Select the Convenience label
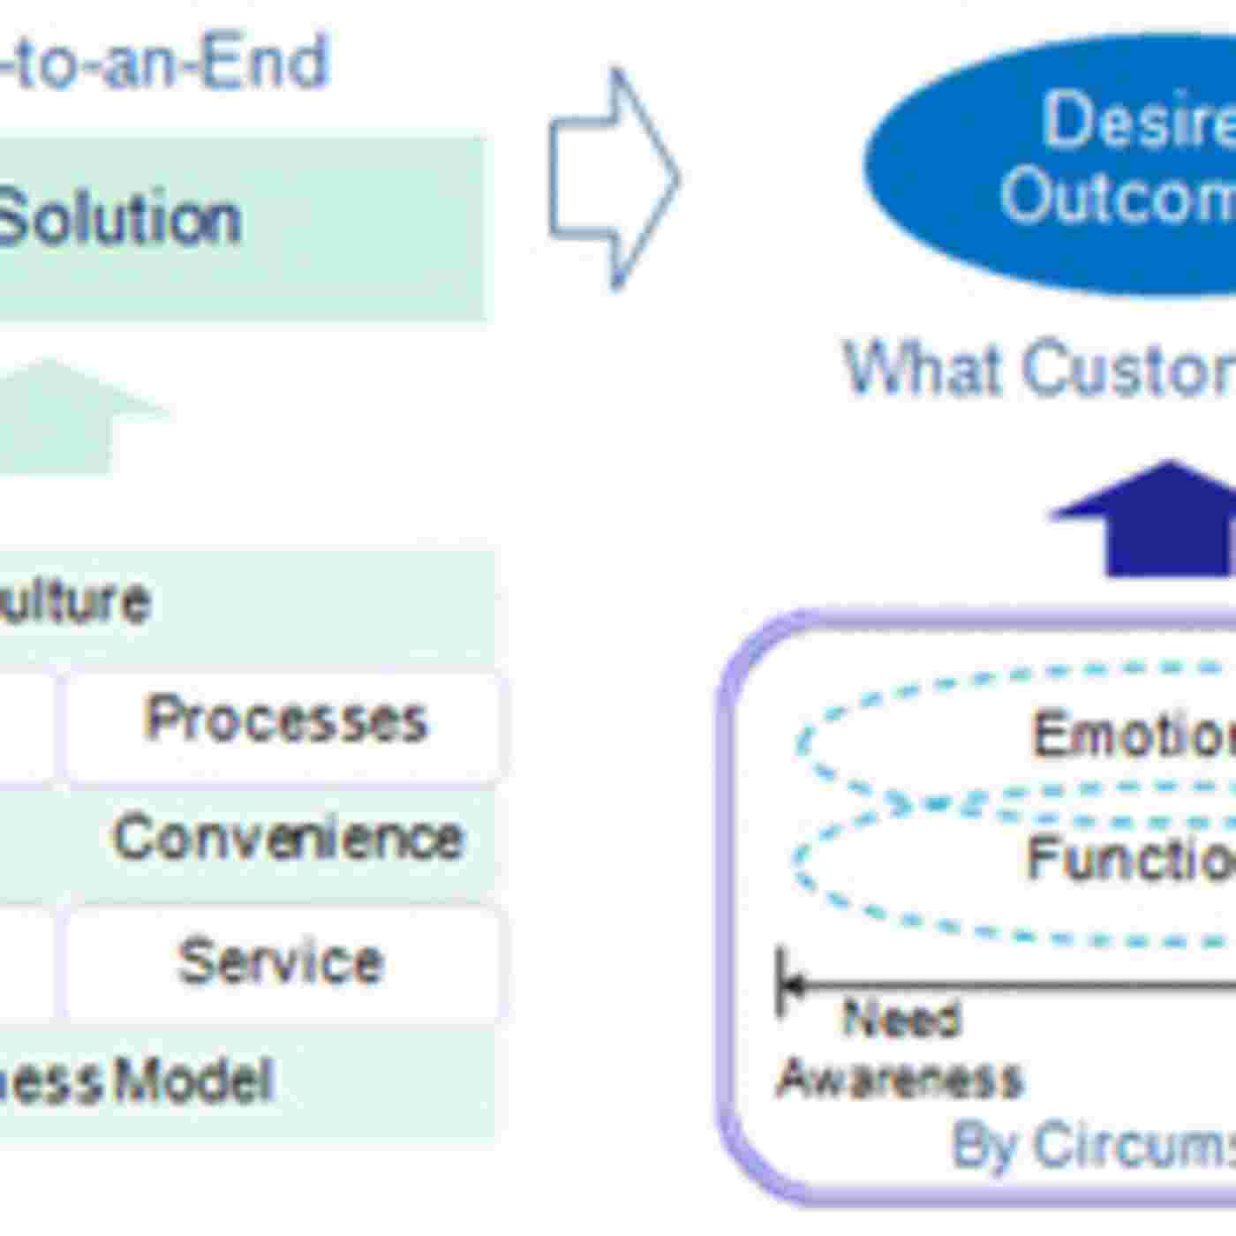click(x=288, y=838)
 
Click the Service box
click(x=281, y=961)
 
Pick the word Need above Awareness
click(x=901, y=1019)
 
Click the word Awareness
click(x=899, y=1079)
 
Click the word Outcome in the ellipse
click(x=1118, y=196)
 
